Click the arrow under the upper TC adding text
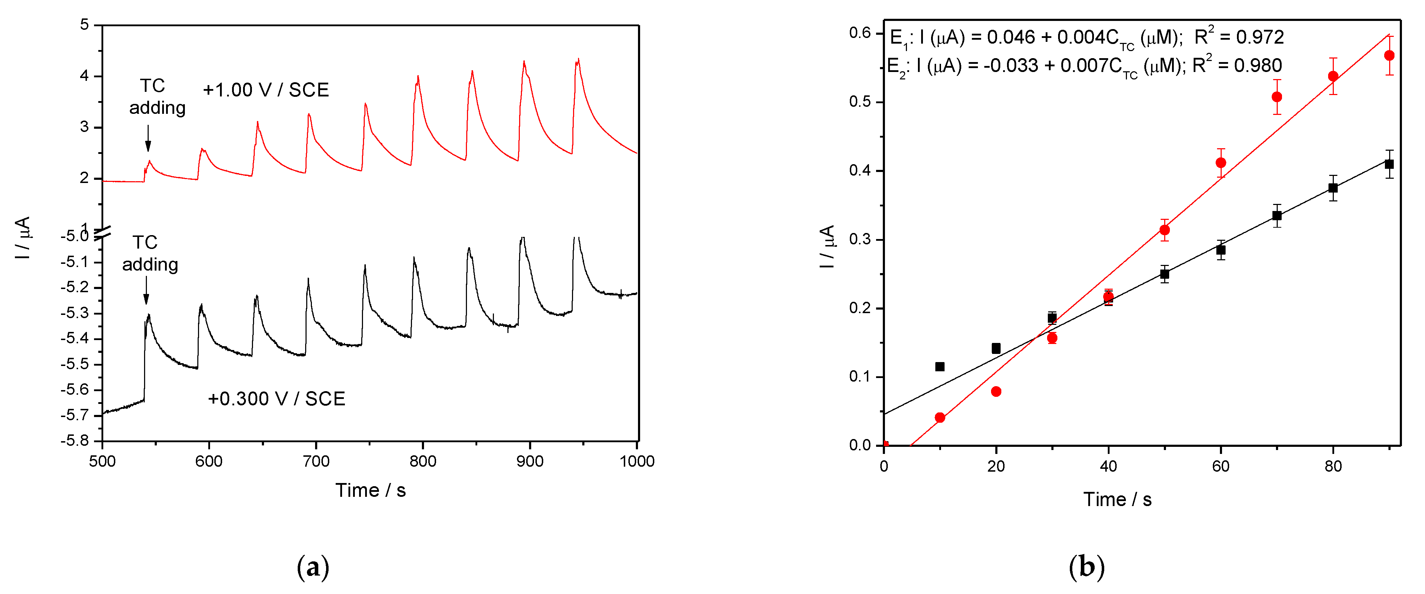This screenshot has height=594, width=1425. pos(148,138)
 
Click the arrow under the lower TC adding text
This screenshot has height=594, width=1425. pos(146,291)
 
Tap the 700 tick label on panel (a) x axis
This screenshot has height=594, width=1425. pos(316,461)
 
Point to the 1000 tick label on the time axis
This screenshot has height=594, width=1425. pos(637,461)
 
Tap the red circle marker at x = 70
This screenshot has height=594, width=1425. pos(1277,97)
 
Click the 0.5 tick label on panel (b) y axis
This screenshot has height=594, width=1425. pos(860,102)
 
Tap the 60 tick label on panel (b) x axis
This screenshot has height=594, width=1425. pos(1221,466)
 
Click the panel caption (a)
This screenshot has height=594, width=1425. pos(313,567)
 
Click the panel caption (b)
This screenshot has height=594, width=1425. pos(1086,567)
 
